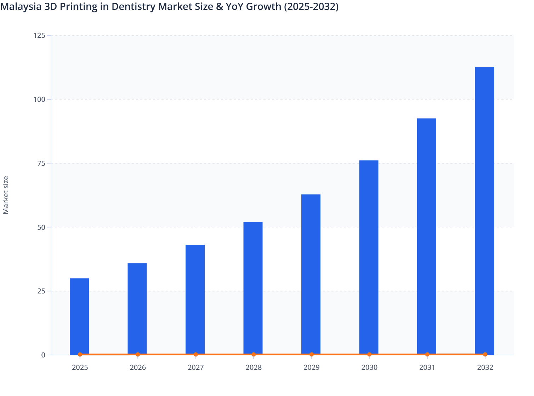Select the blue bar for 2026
(137, 308)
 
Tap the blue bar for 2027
(195, 299)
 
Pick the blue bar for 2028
(253, 288)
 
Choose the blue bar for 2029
(311, 274)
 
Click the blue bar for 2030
(369, 257)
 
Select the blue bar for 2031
(427, 236)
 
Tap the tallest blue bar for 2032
(484, 210)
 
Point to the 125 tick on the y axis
(39, 35)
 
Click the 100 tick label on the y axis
(39, 99)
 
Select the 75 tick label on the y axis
(41, 163)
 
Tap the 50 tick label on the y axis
(41, 227)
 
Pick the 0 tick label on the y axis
(43, 355)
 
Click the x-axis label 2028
(254, 367)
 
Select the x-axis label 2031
(427, 367)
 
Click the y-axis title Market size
(6, 195)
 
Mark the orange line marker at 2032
(485, 354)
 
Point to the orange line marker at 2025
(80, 354)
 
